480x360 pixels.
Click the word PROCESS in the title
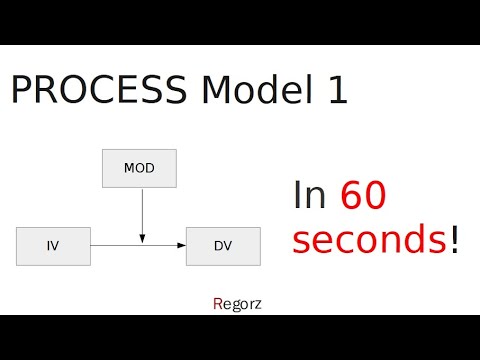(98, 91)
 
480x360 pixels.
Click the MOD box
(139, 168)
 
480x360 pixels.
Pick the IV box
(54, 245)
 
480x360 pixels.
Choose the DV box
(223, 245)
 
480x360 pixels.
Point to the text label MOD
(139, 168)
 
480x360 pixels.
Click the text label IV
(54, 245)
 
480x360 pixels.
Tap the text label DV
(223, 245)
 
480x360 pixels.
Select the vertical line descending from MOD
(142, 210)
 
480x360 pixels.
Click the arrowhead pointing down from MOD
(142, 238)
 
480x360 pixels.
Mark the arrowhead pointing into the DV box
(181, 244)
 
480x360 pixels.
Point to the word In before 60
(310, 196)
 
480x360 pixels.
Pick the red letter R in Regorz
(218, 302)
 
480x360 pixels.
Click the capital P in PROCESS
(21, 91)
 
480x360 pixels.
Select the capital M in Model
(216, 91)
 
